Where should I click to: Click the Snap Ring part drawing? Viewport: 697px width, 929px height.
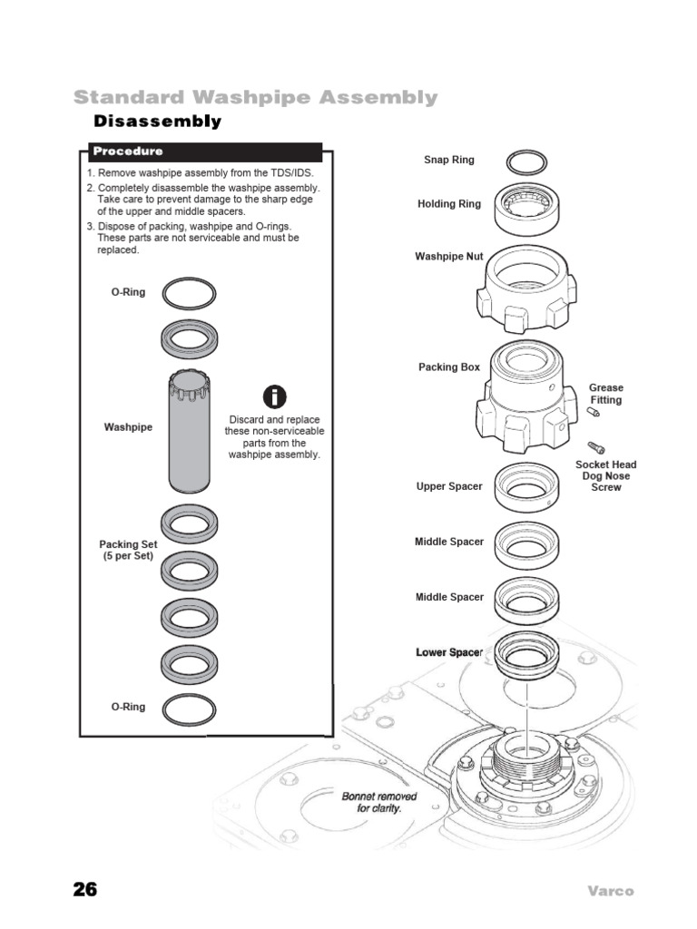coord(526,163)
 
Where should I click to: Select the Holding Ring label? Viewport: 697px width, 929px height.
coord(449,204)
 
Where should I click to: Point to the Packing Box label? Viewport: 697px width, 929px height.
coord(449,367)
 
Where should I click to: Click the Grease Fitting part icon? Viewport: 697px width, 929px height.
coord(594,413)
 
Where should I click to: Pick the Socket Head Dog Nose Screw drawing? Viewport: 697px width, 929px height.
coord(596,446)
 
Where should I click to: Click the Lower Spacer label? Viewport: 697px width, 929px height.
coord(449,652)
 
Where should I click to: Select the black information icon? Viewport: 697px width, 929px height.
coord(275,396)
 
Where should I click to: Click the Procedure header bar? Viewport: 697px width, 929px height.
coord(204,152)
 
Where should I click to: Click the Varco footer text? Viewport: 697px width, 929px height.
coord(609,891)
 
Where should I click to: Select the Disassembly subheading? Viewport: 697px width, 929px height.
coord(158,122)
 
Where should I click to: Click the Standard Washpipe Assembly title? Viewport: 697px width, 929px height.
coord(255,97)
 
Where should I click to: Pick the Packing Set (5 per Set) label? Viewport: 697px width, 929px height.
coord(128,550)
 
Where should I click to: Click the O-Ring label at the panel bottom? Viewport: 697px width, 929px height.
coord(128,707)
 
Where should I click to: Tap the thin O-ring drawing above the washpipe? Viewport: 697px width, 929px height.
coord(190,293)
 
